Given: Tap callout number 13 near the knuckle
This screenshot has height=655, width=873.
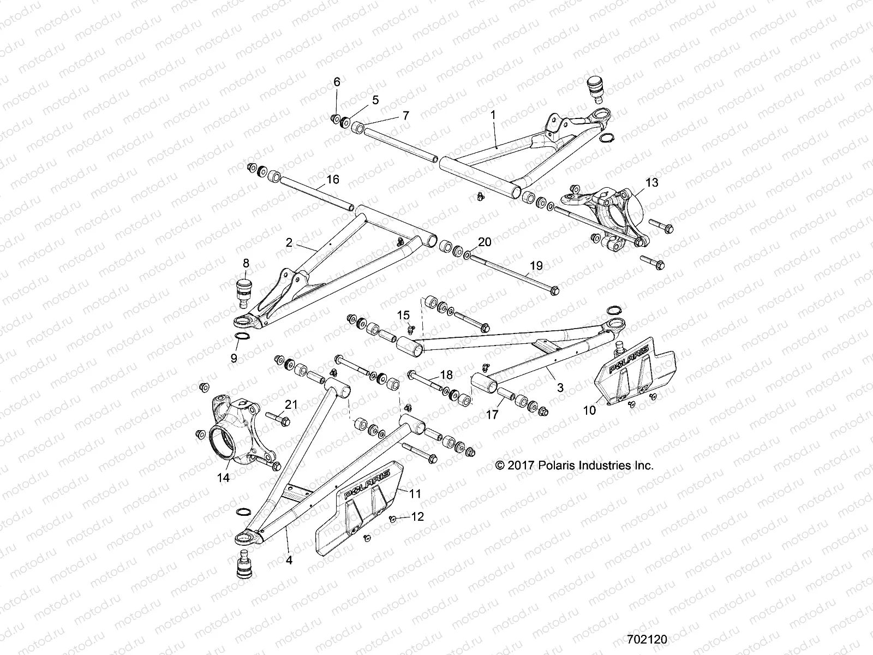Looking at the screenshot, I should tap(651, 182).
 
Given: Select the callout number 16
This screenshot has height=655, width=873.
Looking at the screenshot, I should tap(333, 180).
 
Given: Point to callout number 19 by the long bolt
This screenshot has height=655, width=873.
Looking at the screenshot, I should tap(536, 266).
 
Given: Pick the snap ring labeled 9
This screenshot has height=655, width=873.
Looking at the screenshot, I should tap(243, 337).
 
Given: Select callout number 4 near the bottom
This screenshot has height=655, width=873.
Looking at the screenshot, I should tap(289, 560).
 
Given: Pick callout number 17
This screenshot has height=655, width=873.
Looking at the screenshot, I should tap(492, 415).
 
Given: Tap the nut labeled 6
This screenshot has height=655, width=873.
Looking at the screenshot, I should tap(334, 118).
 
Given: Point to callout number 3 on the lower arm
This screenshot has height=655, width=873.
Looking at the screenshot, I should tap(559, 388).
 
